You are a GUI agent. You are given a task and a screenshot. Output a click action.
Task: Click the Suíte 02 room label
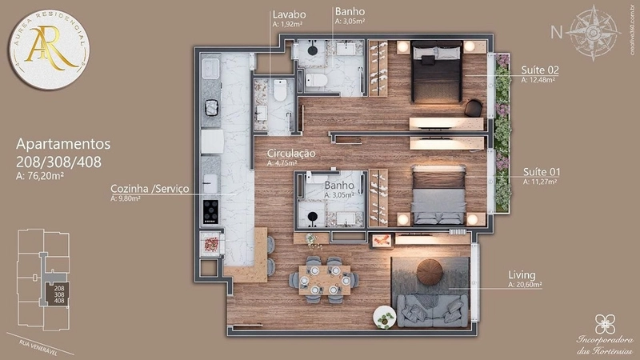540,70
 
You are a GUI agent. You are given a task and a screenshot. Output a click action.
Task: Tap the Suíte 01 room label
540,172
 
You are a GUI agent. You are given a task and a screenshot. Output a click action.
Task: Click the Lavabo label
287,14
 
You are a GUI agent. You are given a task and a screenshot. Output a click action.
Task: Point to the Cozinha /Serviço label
150,189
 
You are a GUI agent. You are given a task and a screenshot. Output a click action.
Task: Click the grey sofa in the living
434,311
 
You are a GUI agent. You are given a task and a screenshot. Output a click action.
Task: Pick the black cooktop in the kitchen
211,210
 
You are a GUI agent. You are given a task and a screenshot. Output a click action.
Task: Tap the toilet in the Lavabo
279,92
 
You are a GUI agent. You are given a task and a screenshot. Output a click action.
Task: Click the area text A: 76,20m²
40,177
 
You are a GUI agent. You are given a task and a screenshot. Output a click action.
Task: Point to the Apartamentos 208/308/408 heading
63,153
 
